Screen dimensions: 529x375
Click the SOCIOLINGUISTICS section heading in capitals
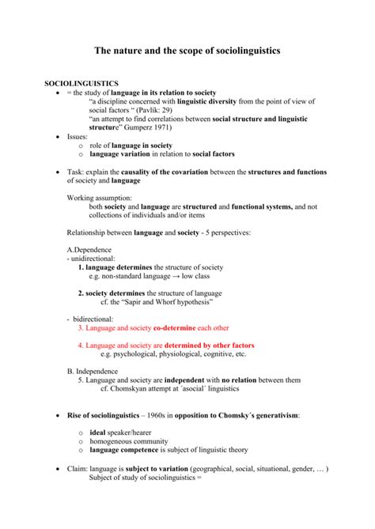(x=81, y=83)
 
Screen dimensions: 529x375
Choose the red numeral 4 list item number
(x=81, y=346)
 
